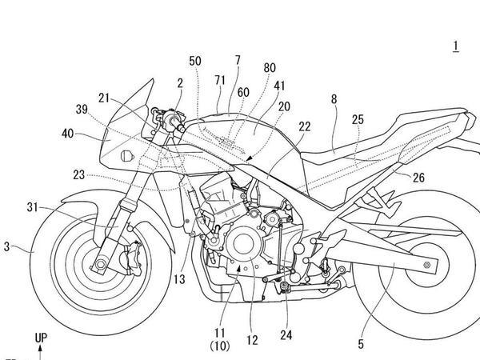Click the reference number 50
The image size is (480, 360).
[195, 61]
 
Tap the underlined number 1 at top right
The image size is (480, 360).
[456, 46]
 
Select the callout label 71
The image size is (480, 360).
[220, 80]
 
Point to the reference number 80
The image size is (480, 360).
[270, 68]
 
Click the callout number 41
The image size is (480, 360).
[279, 86]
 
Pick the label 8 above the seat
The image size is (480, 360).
[334, 99]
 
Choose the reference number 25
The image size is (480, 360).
[358, 119]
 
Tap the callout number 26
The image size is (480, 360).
[418, 178]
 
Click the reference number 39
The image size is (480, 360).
[82, 110]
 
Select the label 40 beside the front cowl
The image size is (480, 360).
[68, 134]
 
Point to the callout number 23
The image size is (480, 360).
[78, 175]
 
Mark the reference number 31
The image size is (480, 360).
[32, 207]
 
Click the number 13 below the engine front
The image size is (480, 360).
[179, 279]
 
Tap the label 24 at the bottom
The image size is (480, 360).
[286, 335]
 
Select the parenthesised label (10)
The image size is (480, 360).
[220, 346]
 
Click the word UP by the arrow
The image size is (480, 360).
[41, 338]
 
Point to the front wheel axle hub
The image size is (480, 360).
[100, 264]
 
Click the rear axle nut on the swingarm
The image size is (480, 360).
[426, 265]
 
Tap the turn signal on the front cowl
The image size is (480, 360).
[127, 156]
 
